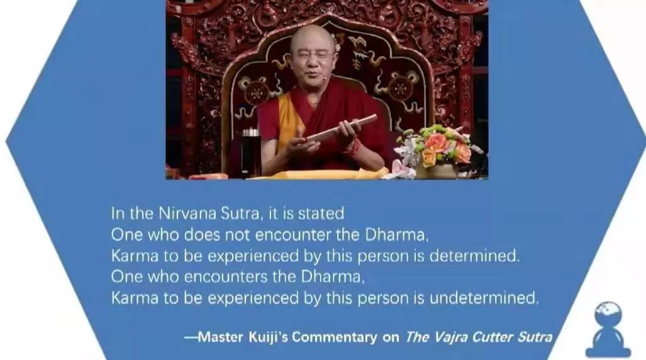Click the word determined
[x=474, y=256]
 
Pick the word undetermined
[x=484, y=298]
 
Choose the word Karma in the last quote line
[x=135, y=298]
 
